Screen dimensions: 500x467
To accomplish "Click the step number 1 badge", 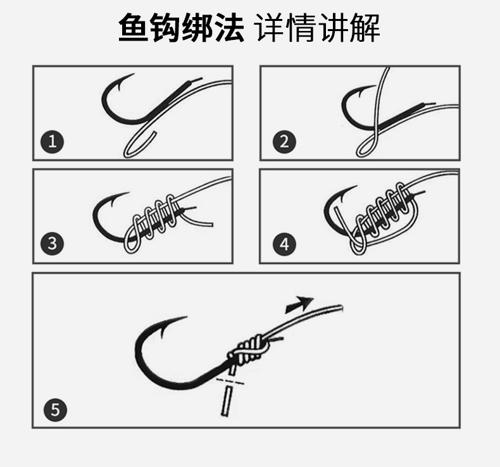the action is (53, 142).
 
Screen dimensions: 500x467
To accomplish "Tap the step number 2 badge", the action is (284, 142).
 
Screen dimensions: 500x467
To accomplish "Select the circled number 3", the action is (53, 244).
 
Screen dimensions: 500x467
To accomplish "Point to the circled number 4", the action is (284, 244).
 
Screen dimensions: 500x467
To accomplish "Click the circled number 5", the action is (55, 409).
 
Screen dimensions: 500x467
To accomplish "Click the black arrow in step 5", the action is (299, 304).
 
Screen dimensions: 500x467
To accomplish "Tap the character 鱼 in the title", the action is (134, 28).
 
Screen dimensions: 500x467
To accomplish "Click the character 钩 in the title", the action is (165, 28).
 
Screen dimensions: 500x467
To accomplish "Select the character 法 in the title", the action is (229, 28).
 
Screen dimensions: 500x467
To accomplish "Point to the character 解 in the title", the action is (365, 28).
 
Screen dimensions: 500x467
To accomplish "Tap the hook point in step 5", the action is (186, 317).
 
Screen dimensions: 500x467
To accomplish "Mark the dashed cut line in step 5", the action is (230, 381).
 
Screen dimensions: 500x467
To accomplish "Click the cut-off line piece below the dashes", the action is (227, 401).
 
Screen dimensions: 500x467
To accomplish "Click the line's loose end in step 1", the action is (156, 132).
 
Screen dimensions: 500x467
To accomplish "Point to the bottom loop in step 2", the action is (365, 148).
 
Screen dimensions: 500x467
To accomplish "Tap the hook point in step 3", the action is (128, 192).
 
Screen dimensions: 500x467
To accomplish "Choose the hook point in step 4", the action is (356, 187).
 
